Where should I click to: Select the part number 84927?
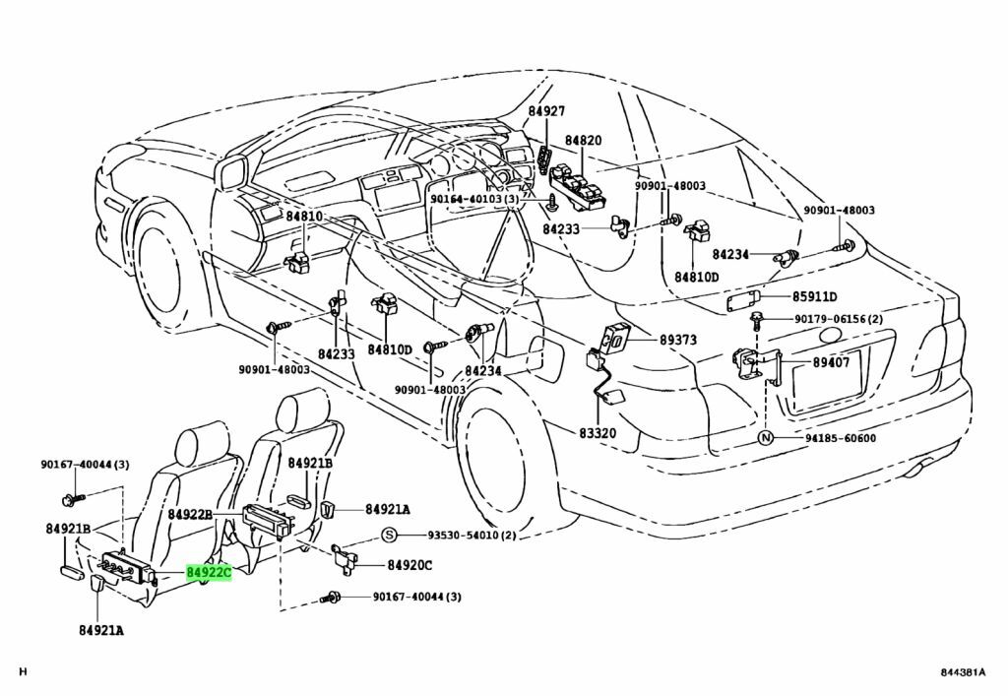(x=546, y=112)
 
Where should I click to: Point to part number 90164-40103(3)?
(x=473, y=200)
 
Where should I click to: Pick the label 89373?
(x=677, y=340)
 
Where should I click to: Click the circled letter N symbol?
(x=764, y=438)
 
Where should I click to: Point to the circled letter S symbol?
(x=389, y=535)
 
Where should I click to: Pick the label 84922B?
(x=190, y=515)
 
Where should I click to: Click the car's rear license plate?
(x=827, y=379)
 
